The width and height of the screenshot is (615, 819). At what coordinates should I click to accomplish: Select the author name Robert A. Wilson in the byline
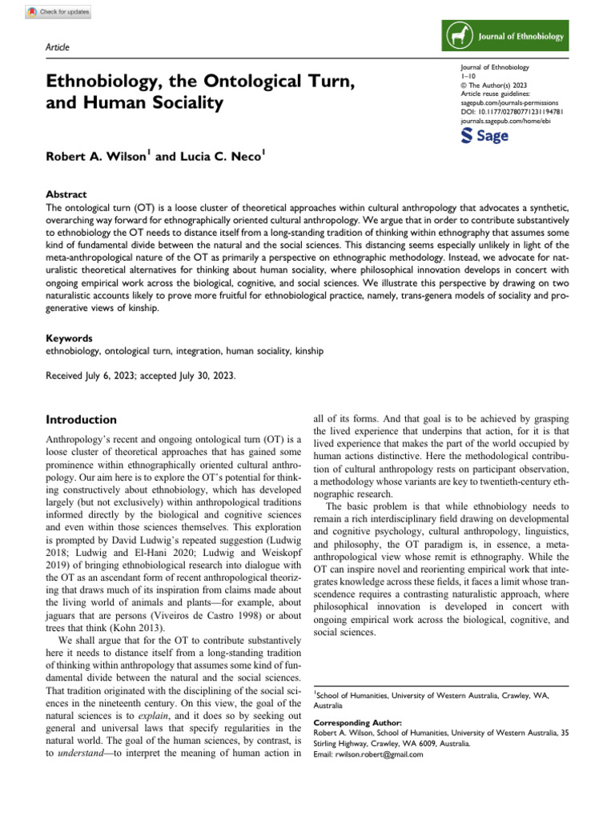coord(97,158)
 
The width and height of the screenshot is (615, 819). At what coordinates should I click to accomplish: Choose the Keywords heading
coord(70,338)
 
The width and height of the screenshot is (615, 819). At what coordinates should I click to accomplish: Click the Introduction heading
coord(82,420)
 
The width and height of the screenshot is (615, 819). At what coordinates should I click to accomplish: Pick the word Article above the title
coord(58,47)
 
